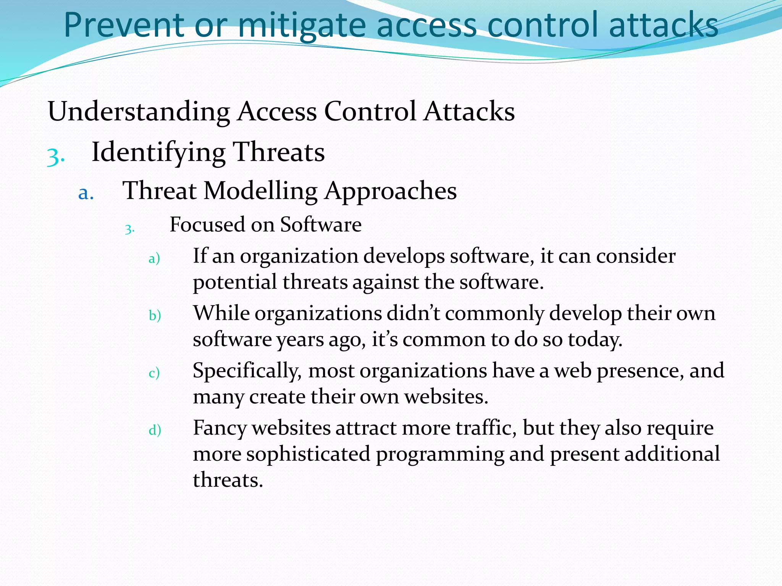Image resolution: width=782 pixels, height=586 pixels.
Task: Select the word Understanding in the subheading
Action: (x=139, y=111)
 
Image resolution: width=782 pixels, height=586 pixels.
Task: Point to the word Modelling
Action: (x=260, y=190)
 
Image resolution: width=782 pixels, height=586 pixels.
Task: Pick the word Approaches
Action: (x=391, y=191)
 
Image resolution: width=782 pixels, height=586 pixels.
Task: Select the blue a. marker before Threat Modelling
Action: (x=86, y=193)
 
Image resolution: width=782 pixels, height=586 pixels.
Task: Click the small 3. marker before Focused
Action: (x=129, y=229)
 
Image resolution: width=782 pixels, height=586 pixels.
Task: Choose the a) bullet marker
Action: (x=154, y=259)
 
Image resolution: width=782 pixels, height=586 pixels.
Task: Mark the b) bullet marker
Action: (x=155, y=316)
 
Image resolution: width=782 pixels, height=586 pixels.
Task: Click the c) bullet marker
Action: (x=154, y=373)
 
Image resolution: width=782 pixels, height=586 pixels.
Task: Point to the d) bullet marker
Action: (x=155, y=430)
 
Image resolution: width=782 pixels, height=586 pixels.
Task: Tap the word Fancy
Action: (x=220, y=428)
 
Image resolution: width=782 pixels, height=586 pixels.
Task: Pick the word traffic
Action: (x=486, y=427)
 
